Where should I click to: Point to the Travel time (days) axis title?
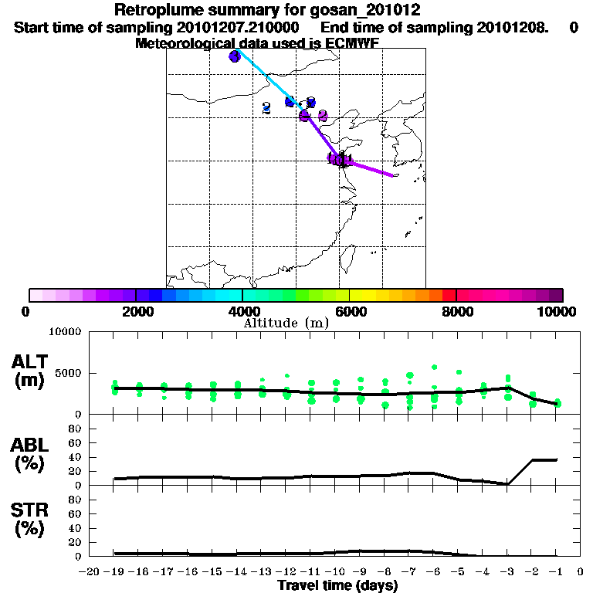[x=337, y=586]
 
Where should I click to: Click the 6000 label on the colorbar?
[x=349, y=311]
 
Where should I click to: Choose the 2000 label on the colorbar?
[x=136, y=311]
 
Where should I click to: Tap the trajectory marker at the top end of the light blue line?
[x=235, y=56]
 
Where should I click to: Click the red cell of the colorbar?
[x=449, y=295]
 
